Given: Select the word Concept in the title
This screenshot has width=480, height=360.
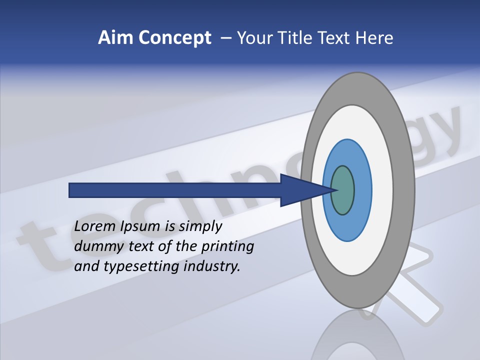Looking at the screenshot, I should click(x=174, y=38).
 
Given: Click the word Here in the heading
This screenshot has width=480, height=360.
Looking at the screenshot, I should click(x=374, y=38).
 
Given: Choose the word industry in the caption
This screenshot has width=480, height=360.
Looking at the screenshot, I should click(x=212, y=266).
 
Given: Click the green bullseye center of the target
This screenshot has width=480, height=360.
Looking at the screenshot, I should click(x=343, y=190).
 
